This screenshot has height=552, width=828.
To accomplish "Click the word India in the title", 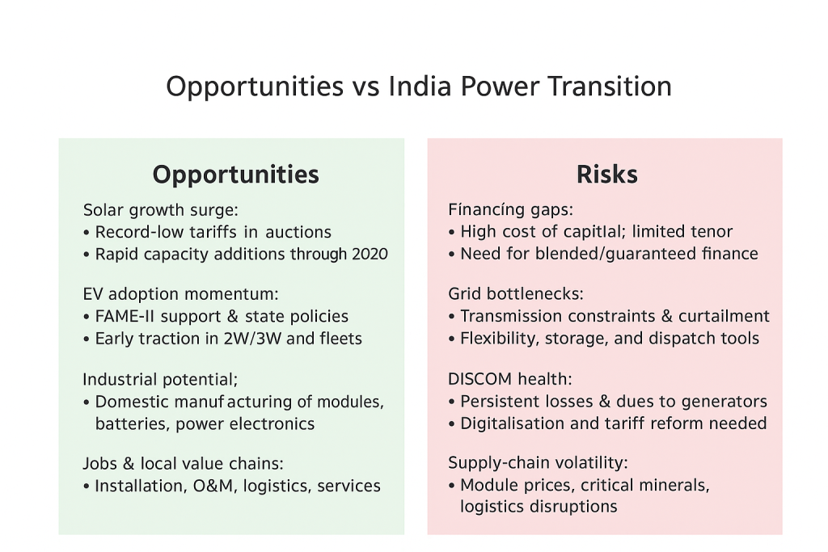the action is pos(420,86).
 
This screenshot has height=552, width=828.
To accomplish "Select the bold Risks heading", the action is pos(606,174).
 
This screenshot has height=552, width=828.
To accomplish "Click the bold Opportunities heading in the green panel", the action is pos(235,175).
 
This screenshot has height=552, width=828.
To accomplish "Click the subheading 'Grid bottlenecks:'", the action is pos(515,293).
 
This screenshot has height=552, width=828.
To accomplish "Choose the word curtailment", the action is pos(724,315).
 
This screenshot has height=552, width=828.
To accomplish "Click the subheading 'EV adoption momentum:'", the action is pos(180,294).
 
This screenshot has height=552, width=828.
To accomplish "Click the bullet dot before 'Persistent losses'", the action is pos(451,402).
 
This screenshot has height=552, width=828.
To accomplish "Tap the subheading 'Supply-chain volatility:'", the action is pos(538,463).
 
